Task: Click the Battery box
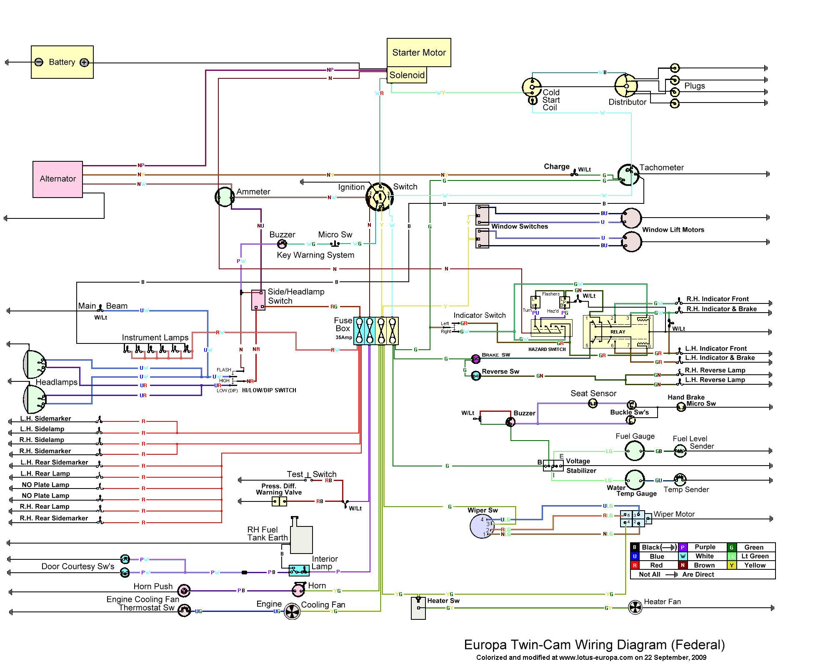[x=62, y=62]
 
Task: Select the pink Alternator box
[x=58, y=179]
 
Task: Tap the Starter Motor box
[x=419, y=53]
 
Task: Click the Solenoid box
[x=407, y=75]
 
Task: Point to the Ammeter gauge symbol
[x=224, y=197]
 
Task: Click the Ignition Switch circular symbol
[x=380, y=197]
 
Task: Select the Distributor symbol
[x=626, y=86]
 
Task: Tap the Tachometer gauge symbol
[x=628, y=175]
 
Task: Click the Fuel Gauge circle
[x=635, y=451]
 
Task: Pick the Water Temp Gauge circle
[x=635, y=480]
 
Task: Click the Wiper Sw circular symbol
[x=482, y=526]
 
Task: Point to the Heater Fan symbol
[x=635, y=607]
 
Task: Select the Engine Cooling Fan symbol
[x=292, y=611]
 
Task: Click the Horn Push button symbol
[x=184, y=590]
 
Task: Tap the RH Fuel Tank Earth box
[x=301, y=539]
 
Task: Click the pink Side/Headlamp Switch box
[x=258, y=300]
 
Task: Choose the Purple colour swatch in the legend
[x=683, y=547]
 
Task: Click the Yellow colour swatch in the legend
[x=731, y=565]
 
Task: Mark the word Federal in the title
[x=698, y=645]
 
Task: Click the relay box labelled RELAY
[x=618, y=332]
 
